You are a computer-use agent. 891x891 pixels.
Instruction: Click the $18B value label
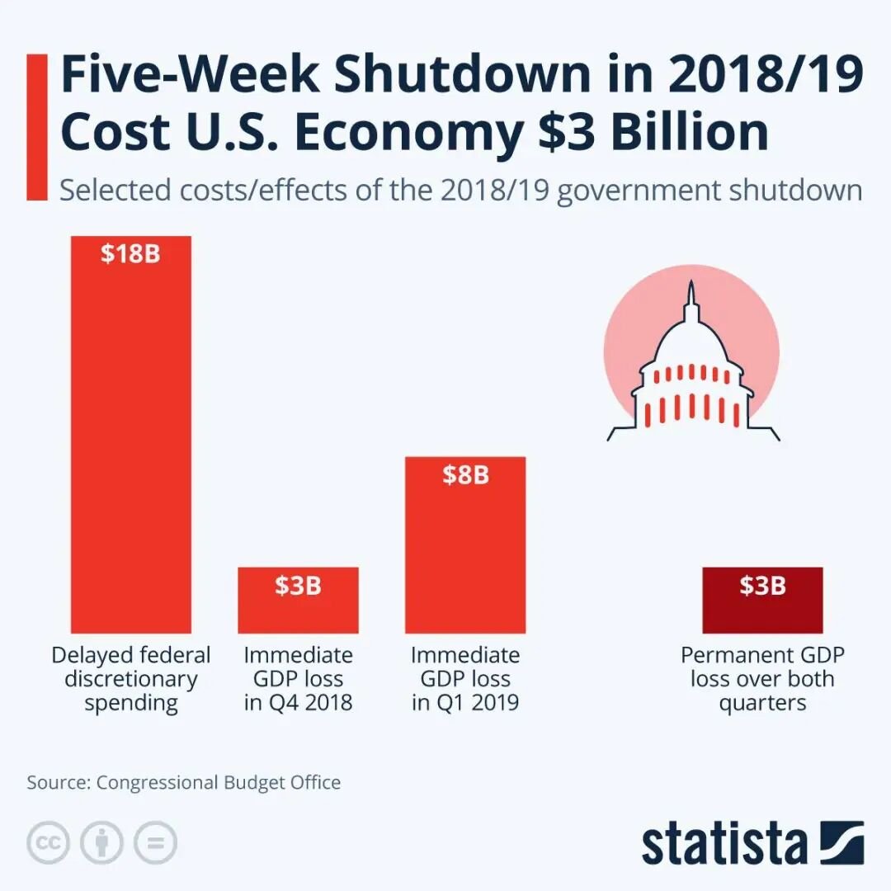130,253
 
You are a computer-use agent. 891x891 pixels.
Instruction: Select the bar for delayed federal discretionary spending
130,445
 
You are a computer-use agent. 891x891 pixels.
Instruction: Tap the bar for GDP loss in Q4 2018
298,610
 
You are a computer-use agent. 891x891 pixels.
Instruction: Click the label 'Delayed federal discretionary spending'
130,679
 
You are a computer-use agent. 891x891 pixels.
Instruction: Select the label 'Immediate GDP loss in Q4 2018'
298,679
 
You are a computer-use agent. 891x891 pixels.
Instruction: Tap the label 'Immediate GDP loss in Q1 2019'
465,679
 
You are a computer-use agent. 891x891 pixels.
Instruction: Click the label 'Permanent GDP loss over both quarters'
762,679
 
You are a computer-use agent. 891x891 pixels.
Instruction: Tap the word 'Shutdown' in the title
462,75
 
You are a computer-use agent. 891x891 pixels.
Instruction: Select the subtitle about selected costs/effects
460,190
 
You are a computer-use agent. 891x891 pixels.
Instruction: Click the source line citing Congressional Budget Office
183,782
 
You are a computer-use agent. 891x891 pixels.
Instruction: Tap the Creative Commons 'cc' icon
48,843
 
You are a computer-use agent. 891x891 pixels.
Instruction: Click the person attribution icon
101,843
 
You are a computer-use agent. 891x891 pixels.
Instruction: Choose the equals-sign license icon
155,843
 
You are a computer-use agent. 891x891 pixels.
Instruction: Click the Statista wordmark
724,843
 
